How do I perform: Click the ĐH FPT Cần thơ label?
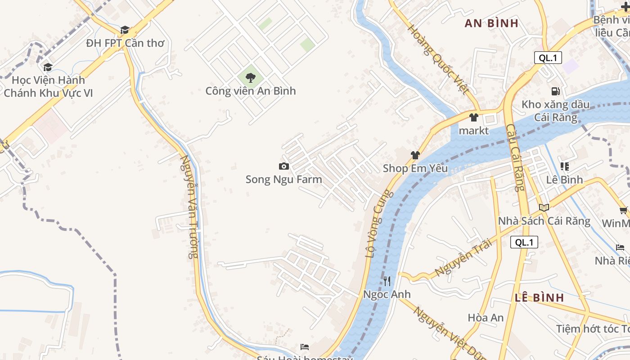pyautogui.click(x=125, y=43)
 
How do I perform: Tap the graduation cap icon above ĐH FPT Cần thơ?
pyautogui.click(x=125, y=30)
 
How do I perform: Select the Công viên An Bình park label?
pyautogui.click(x=251, y=91)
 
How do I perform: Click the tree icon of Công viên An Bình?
pyautogui.click(x=251, y=77)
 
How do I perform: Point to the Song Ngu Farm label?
pyautogui.click(x=283, y=180)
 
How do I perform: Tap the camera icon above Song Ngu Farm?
pyautogui.click(x=283, y=166)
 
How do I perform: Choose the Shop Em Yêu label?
pyautogui.click(x=415, y=168)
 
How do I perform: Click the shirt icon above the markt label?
pyautogui.click(x=473, y=117)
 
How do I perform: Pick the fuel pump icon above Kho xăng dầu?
pyautogui.click(x=555, y=91)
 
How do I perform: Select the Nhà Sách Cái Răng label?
pyautogui.click(x=544, y=221)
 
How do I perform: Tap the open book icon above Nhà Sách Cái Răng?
pyautogui.click(x=544, y=207)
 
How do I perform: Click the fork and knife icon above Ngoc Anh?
pyautogui.click(x=387, y=281)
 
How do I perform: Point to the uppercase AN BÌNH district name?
pyautogui.click(x=491, y=23)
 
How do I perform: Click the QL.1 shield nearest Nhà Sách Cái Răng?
pyautogui.click(x=524, y=242)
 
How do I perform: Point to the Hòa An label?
pyautogui.click(x=486, y=318)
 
